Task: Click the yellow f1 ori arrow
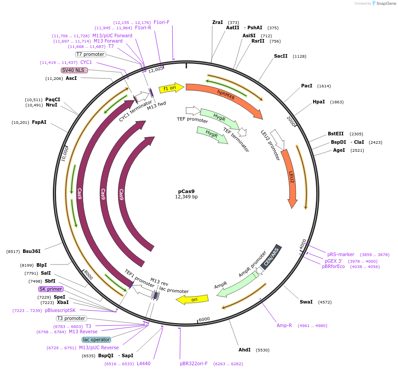click(x=171, y=88)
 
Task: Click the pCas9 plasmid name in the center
click(x=187, y=191)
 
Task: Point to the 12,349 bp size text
click(x=187, y=197)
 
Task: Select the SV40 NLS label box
click(x=75, y=70)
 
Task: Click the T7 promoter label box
click(x=90, y=54)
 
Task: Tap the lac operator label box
click(x=96, y=339)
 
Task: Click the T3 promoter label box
click(x=71, y=318)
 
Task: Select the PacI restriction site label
click(x=306, y=86)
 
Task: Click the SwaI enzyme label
click(x=306, y=302)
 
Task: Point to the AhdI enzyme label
click(x=245, y=350)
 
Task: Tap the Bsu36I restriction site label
click(x=32, y=251)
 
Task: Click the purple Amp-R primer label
click(x=284, y=325)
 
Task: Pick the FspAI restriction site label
click(x=39, y=122)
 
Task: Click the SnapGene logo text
click(x=384, y=4)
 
